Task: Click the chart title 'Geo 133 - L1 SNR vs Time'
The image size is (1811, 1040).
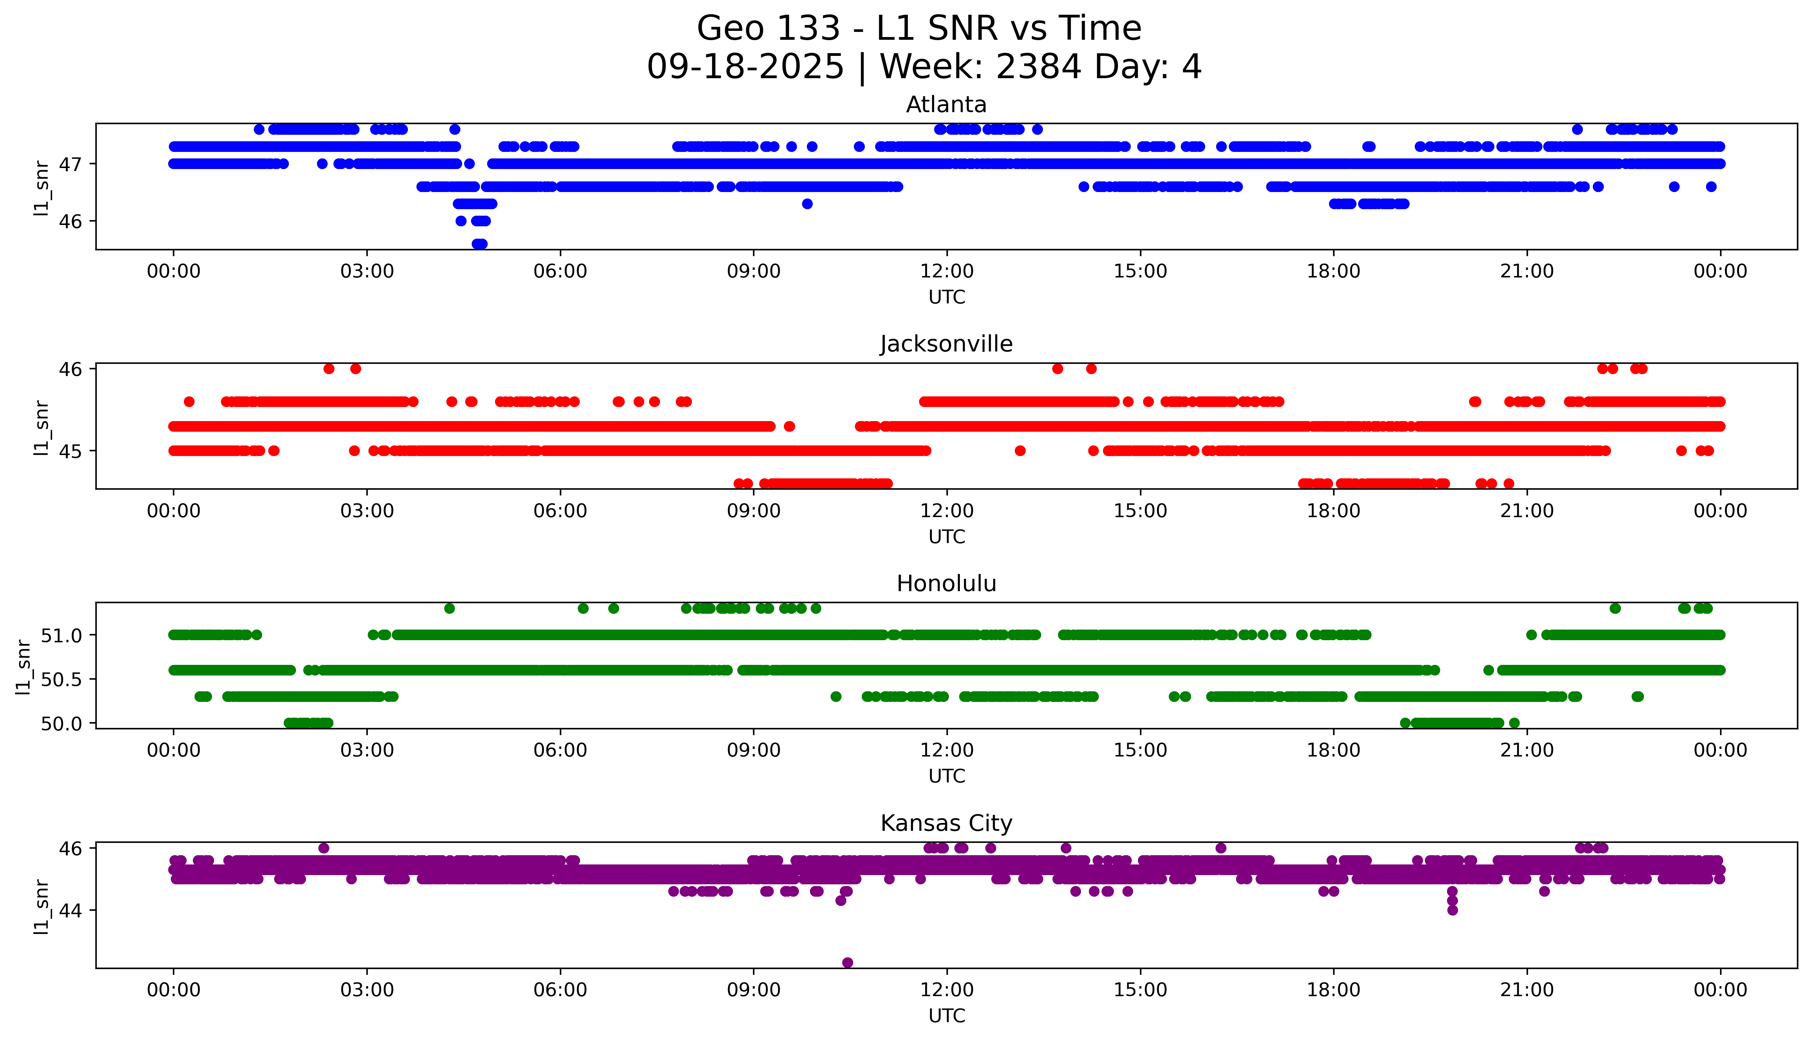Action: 919,28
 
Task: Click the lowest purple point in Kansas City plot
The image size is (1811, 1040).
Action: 847,962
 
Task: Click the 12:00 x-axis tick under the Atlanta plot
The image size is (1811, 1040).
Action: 946,272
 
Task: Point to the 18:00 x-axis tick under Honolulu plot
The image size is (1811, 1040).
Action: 1333,750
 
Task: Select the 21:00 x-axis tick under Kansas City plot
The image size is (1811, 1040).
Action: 1527,990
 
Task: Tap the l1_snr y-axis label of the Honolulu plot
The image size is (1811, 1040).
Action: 24,666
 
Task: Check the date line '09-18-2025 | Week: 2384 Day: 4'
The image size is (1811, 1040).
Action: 924,67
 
